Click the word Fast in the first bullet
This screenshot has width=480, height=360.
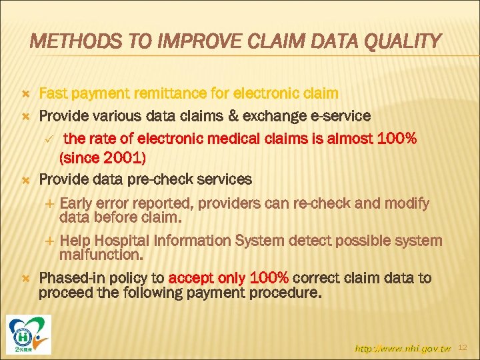[x=54, y=94]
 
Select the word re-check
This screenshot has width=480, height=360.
[x=339, y=203]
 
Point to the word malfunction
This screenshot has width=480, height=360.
[x=99, y=255]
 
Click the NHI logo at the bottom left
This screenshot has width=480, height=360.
[x=29, y=333]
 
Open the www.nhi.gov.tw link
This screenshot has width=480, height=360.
[x=403, y=347]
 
